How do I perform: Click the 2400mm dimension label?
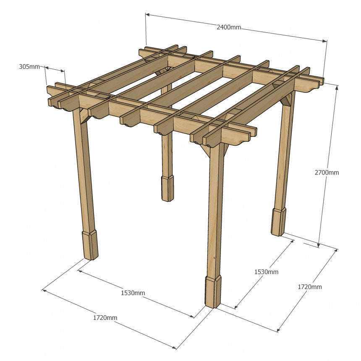229,27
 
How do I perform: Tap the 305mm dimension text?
29,67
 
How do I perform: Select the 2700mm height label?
327,173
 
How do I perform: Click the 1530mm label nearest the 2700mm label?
266,272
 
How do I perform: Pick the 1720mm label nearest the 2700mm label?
310,287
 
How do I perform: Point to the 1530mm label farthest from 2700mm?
133,293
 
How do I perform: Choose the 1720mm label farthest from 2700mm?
105,318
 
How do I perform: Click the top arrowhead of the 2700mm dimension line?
337,87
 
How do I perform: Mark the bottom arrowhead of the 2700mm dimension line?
319,245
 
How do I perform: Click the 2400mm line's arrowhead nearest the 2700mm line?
324,41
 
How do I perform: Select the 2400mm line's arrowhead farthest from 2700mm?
148,15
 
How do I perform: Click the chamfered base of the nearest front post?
213,291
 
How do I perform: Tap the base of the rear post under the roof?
167,189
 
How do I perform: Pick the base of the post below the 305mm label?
90,245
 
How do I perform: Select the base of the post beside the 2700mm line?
279,222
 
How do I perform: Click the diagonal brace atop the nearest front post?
206,151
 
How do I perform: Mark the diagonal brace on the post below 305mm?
84,117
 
